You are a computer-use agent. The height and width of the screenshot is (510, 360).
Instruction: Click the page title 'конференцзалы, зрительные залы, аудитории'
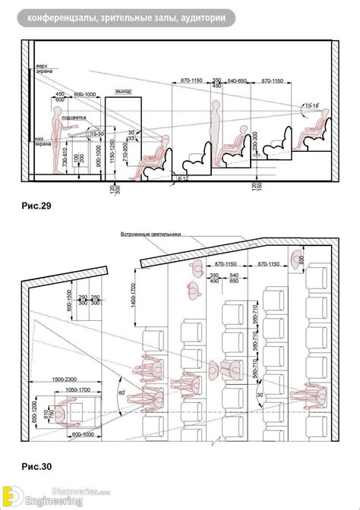click(129, 17)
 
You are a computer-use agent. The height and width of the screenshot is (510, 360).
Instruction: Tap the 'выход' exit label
click(123, 91)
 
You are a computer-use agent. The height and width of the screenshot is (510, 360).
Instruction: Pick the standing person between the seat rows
click(216, 129)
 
